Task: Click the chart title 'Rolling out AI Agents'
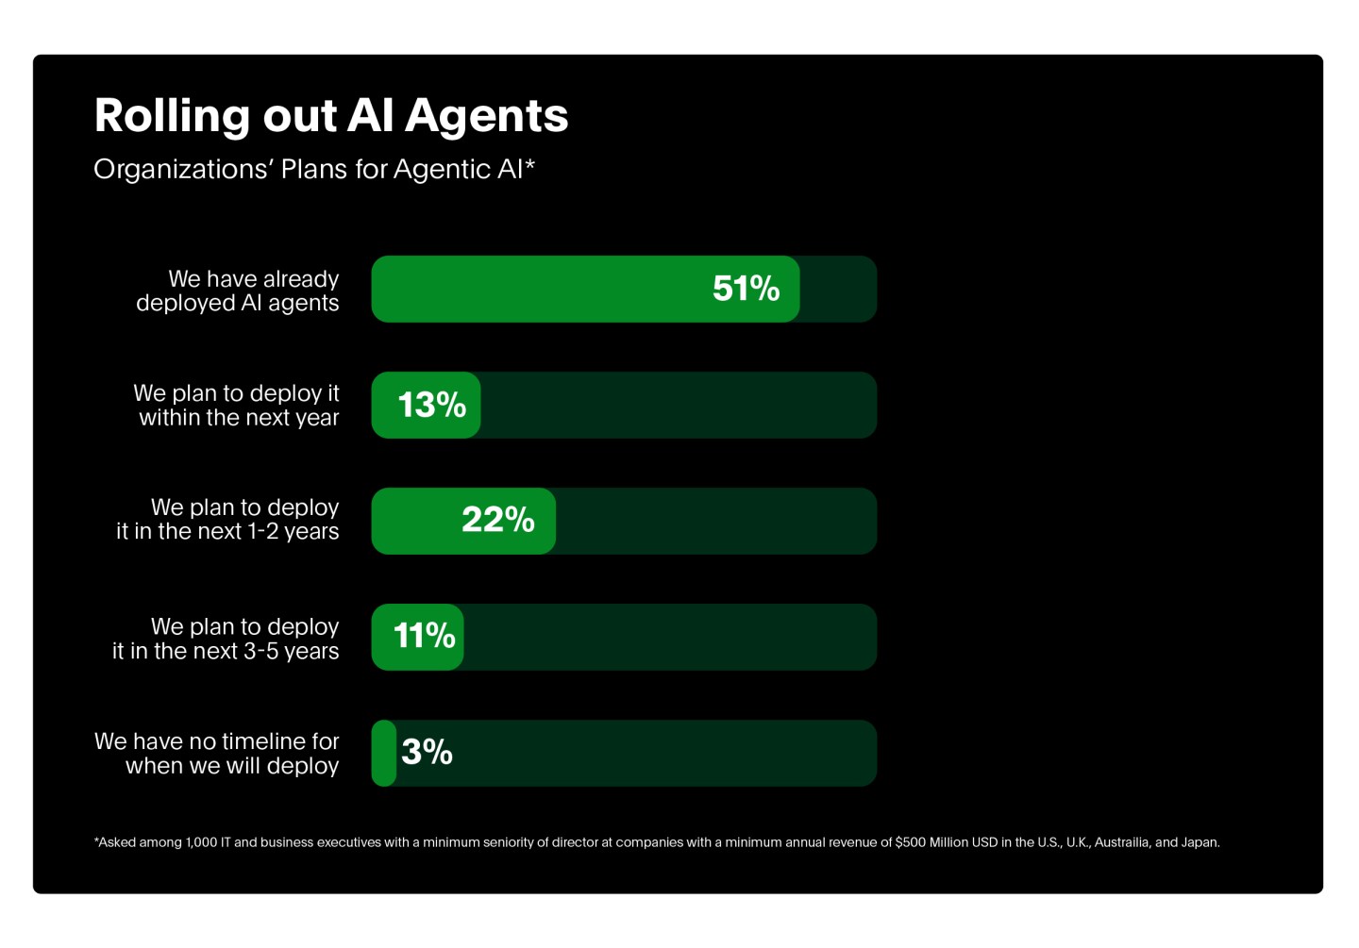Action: (331, 116)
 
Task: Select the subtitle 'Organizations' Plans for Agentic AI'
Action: (309, 169)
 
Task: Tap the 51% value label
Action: (746, 289)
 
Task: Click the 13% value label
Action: (432, 405)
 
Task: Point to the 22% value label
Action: (498, 520)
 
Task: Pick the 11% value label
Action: (424, 636)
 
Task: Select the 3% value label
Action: (427, 752)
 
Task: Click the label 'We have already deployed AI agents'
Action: (238, 291)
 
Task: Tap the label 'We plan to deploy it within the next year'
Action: (237, 406)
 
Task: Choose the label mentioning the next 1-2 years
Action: (227, 520)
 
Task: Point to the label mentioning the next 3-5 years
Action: (226, 639)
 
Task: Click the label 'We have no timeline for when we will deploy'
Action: (217, 754)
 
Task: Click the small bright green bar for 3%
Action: (383, 753)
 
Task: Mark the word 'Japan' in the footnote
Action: (1200, 842)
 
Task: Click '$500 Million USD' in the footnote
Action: (946, 842)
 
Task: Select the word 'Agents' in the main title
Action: (487, 116)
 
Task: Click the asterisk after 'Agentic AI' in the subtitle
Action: (530, 164)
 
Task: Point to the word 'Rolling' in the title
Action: (174, 116)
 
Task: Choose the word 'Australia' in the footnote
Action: (1121, 842)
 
